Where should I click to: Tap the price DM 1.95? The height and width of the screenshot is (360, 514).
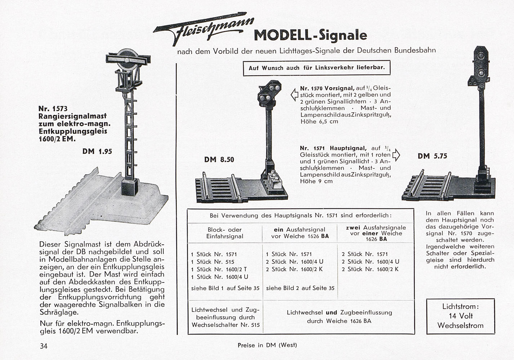[x=97, y=152]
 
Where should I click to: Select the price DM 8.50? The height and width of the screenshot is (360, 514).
[x=219, y=159]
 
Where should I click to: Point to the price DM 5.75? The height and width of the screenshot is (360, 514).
[x=432, y=156]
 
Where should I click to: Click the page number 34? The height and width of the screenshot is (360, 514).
[x=44, y=346]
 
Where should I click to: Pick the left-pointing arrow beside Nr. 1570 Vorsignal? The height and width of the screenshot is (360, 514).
[x=294, y=95]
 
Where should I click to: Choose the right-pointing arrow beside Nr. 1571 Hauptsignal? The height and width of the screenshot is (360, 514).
[x=396, y=154]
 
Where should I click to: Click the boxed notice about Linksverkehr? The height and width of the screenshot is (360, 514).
[x=316, y=68]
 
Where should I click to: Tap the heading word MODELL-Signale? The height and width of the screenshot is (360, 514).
[x=310, y=35]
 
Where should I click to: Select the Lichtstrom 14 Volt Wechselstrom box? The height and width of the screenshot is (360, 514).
[x=460, y=316]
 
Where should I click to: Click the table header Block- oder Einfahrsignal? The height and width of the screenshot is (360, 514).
[x=224, y=233]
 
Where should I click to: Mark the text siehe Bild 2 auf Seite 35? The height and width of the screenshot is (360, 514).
[x=300, y=288]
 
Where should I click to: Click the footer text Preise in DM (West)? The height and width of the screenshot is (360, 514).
[x=267, y=345]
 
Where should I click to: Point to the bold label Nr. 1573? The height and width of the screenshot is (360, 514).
[x=53, y=108]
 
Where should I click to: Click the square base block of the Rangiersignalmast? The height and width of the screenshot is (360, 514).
[x=129, y=187]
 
